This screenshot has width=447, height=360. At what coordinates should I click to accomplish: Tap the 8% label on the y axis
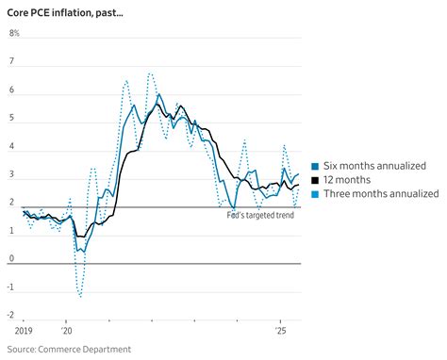click(14, 34)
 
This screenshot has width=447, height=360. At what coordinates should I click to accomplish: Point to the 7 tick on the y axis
click(12, 62)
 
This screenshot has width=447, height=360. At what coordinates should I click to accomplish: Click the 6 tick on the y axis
click(12, 90)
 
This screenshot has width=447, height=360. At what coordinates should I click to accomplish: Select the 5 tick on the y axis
click(12, 119)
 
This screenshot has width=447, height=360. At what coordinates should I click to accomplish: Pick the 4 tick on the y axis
click(12, 146)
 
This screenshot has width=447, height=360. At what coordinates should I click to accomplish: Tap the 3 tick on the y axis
click(12, 174)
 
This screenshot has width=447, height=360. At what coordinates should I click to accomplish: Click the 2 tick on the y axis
click(12, 202)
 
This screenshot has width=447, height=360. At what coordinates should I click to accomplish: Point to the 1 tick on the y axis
click(12, 230)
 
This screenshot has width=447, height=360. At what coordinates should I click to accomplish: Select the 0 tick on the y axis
click(12, 258)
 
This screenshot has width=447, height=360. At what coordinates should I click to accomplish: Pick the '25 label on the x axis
click(280, 332)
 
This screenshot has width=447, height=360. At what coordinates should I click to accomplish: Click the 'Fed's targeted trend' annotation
click(260, 216)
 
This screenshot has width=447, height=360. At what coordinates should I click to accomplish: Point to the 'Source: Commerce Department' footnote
click(70, 349)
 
